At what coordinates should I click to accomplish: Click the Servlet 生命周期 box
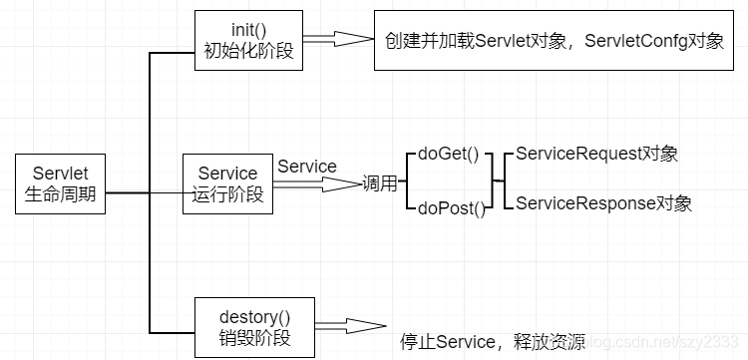click(x=60, y=183)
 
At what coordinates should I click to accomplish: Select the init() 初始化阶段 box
click(x=248, y=41)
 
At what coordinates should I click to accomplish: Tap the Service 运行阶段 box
click(x=228, y=183)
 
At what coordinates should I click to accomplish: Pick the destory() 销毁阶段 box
click(x=254, y=327)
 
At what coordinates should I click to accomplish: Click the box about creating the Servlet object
click(x=554, y=41)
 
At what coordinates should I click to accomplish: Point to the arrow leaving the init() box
click(x=337, y=39)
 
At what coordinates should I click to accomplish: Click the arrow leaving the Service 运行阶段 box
click(x=317, y=184)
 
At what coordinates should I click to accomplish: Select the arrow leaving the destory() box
click(x=351, y=326)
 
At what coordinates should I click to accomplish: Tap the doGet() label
click(x=448, y=155)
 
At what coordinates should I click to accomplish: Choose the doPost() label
click(x=451, y=208)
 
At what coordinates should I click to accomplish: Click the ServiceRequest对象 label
click(x=596, y=154)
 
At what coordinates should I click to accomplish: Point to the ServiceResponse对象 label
click(x=604, y=203)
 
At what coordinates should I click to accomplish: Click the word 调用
click(x=380, y=183)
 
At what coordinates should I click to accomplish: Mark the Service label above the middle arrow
click(x=307, y=167)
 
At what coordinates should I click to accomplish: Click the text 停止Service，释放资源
click(x=493, y=342)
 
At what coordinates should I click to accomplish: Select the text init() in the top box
click(x=248, y=30)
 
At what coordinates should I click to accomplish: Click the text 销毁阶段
click(x=254, y=338)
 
